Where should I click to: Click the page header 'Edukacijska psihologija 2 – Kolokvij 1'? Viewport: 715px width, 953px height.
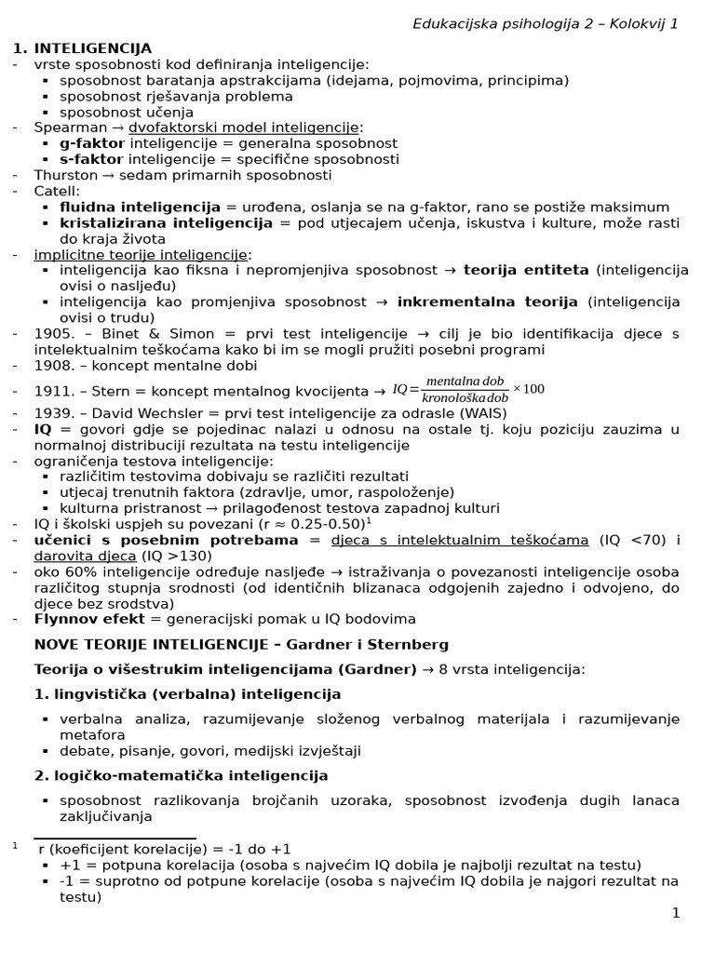(545, 23)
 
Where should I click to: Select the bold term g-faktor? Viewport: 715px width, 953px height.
(92, 143)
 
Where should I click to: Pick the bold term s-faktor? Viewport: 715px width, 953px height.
(91, 159)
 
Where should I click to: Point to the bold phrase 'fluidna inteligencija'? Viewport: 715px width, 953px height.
(140, 207)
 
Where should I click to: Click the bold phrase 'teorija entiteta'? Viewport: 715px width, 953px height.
(526, 270)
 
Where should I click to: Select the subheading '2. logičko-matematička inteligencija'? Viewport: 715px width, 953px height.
(181, 775)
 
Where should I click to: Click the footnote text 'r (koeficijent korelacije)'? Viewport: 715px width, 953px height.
(121, 849)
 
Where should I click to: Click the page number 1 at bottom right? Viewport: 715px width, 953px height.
(676, 913)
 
